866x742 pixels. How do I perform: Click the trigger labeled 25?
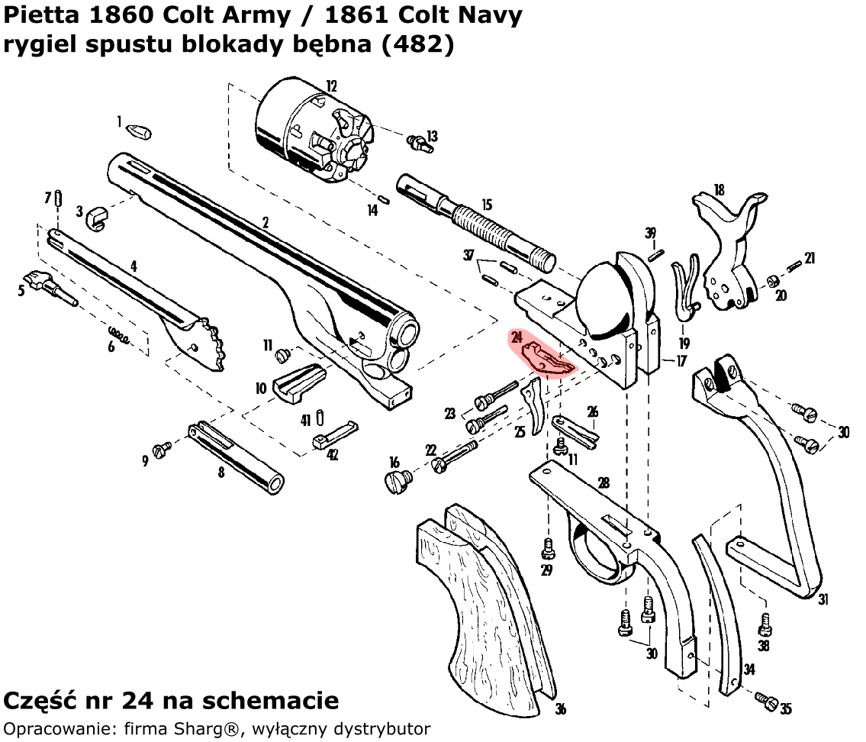click(534, 408)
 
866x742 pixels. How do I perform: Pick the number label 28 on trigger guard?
click(604, 482)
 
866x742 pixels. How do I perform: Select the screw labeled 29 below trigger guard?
click(547, 549)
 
